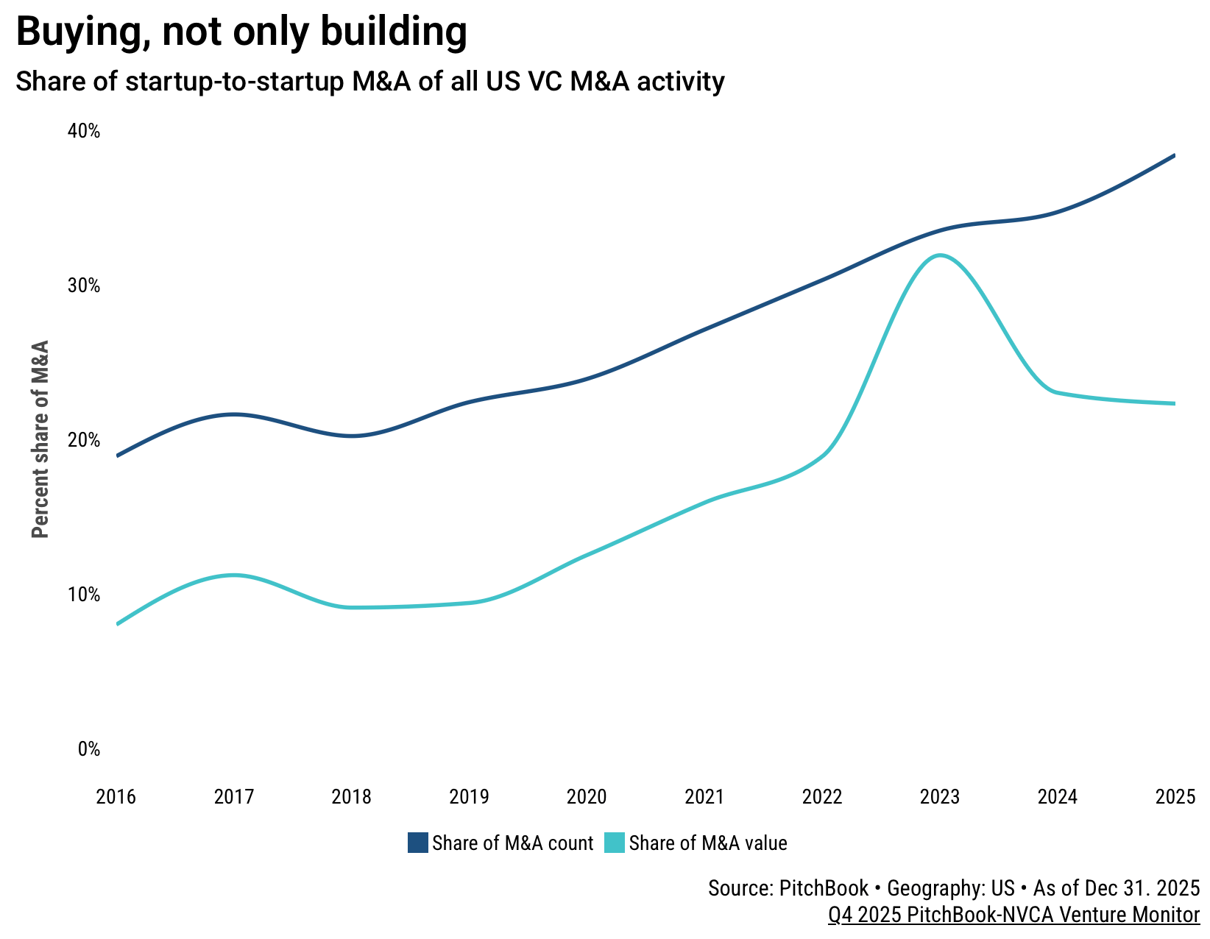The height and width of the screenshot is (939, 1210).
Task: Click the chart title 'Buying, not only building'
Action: (241, 32)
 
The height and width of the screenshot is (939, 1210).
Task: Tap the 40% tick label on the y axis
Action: (84, 132)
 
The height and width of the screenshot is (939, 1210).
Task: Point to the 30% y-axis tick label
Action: (84, 286)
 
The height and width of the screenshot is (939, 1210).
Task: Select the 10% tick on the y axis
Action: (84, 595)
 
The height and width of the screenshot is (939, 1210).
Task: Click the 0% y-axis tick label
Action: (88, 749)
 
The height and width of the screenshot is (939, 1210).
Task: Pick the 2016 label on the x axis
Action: (116, 797)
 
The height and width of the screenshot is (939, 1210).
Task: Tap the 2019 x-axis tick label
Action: (470, 797)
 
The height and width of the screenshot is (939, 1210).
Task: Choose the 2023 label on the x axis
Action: (940, 797)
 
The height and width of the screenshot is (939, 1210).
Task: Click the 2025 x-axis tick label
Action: (1175, 797)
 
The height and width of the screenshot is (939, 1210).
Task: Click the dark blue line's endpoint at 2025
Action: (1174, 155)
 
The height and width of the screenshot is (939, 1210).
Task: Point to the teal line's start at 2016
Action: (118, 624)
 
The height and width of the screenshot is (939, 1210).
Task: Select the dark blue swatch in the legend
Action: (418, 843)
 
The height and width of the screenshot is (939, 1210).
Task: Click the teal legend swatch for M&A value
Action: (615, 843)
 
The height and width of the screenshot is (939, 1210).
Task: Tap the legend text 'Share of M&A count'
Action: (513, 843)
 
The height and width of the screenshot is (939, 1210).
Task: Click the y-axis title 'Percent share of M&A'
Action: (40, 439)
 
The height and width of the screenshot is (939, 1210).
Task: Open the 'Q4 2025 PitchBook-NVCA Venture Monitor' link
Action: (1014, 915)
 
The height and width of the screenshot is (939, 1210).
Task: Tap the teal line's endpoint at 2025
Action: (1174, 403)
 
